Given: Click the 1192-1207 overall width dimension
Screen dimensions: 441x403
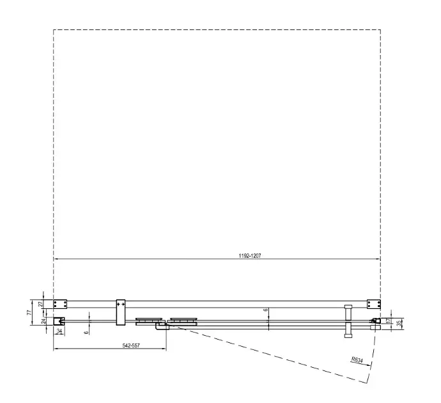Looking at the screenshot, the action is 250,256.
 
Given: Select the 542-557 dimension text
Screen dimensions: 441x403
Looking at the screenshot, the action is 131,345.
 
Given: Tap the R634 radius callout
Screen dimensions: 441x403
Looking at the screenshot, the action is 357,360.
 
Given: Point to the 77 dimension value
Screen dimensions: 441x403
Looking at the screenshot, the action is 29,312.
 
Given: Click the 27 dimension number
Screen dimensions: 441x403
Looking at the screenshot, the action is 40,304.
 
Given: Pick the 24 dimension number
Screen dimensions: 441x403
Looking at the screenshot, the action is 43,321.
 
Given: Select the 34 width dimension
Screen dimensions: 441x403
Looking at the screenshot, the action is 59,331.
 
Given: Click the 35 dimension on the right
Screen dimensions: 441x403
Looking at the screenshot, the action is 399,323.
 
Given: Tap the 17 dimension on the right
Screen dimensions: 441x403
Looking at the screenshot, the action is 389,321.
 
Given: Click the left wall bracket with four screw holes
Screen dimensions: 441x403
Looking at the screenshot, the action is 60,304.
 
